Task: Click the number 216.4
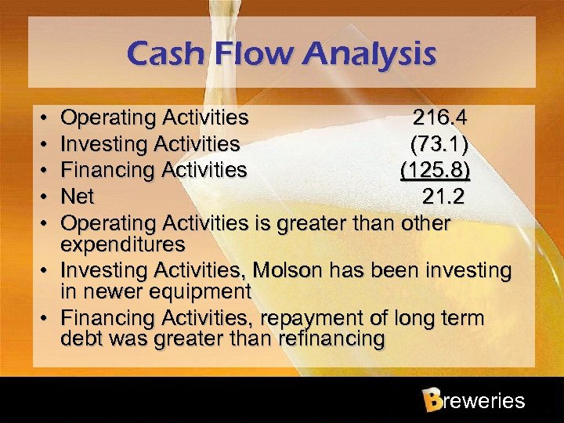440,118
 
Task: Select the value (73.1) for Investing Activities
440,144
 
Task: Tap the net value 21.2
443,196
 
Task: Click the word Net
77,196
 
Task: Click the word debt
81,339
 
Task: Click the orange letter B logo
431,400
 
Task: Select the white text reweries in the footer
483,401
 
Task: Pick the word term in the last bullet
461,319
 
